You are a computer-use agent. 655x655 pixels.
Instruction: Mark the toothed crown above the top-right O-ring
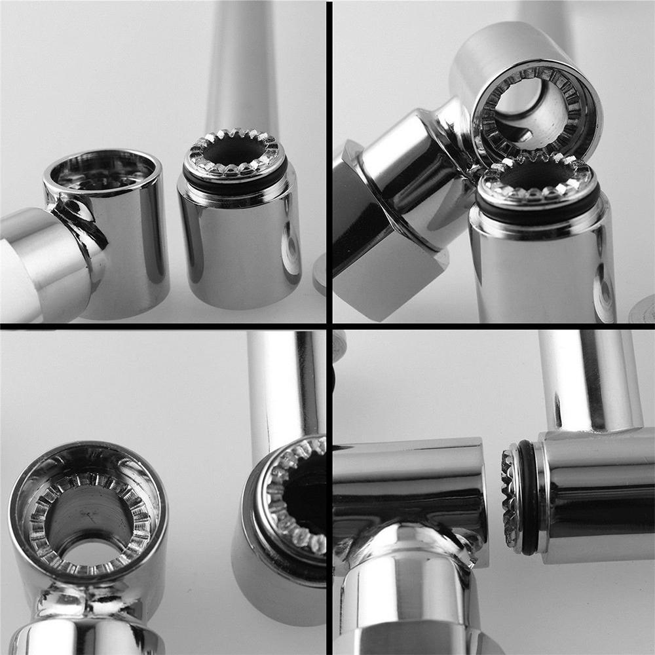click(x=537, y=177)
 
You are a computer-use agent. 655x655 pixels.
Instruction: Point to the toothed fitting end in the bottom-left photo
click(x=295, y=498)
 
